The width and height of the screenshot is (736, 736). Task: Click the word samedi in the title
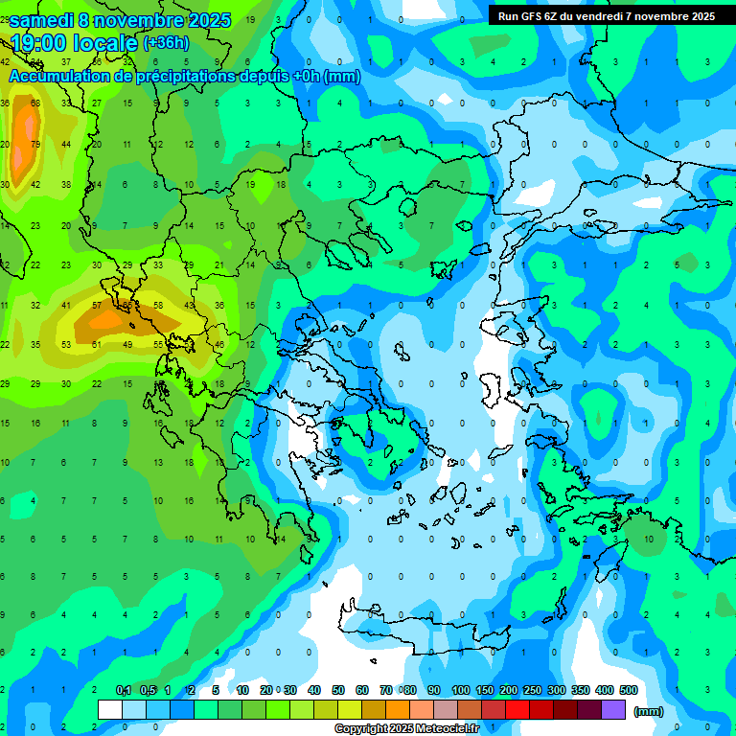click(42, 20)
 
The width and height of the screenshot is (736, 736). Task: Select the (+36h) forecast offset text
click(166, 43)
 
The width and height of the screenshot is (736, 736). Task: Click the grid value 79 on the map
click(35, 144)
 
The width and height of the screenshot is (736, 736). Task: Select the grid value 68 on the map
click(35, 103)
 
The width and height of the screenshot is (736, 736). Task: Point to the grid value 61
click(97, 344)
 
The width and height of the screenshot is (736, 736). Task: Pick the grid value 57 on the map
click(97, 305)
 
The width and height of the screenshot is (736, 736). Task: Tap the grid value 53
click(66, 344)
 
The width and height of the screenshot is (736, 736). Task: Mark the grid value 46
click(219, 344)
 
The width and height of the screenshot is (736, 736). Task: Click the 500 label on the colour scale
click(628, 690)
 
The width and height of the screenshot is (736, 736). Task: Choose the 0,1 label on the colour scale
click(124, 690)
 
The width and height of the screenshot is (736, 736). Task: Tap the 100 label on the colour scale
click(460, 690)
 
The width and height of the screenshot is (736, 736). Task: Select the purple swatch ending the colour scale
click(613, 709)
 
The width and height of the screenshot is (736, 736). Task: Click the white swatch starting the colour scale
click(110, 709)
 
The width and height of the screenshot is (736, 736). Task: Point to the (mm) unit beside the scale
click(649, 711)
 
